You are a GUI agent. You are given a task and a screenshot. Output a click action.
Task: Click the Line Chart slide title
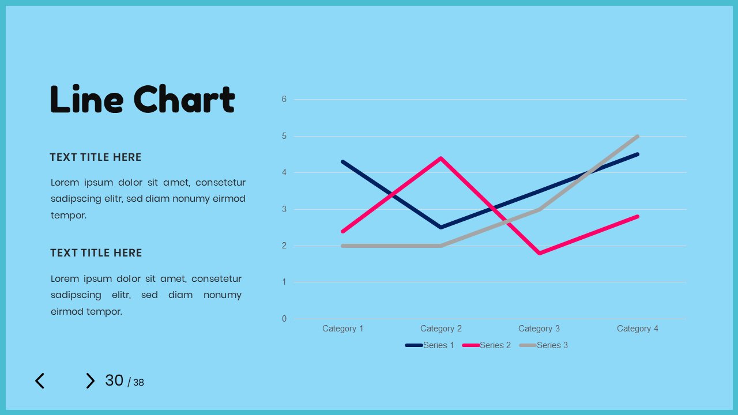coord(142,99)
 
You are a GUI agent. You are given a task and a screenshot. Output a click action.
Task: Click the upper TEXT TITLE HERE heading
coord(96,157)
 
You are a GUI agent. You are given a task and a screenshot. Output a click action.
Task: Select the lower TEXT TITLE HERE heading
coord(96,253)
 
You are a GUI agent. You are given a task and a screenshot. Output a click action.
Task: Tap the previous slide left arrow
coord(39,381)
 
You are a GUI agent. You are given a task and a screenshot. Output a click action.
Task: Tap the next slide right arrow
coord(90,381)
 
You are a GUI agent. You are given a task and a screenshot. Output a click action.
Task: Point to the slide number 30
coord(114,380)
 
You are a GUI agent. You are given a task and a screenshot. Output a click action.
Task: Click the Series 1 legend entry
coord(430,345)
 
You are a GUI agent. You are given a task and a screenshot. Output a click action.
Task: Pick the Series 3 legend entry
coord(544,345)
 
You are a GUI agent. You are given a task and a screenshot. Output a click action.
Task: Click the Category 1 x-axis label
coord(342,329)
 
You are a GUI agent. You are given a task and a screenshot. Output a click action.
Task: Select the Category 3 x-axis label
coord(539,329)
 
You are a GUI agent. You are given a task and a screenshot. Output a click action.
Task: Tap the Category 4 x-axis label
coord(637,329)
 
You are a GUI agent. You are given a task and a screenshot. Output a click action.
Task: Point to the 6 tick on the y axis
coord(284,99)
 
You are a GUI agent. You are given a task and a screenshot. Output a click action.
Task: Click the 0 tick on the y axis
coord(284,319)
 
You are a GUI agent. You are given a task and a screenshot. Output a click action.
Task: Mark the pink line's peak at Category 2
coord(441,158)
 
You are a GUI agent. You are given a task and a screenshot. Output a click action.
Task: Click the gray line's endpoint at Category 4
coord(637,137)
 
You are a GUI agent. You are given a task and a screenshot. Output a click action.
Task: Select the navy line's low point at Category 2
coord(441,227)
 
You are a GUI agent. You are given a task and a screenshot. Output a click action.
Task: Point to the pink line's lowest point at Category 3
coord(539,253)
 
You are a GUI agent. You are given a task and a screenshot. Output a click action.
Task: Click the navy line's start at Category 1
coord(342,161)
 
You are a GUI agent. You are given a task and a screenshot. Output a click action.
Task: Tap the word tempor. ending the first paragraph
coord(69,216)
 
